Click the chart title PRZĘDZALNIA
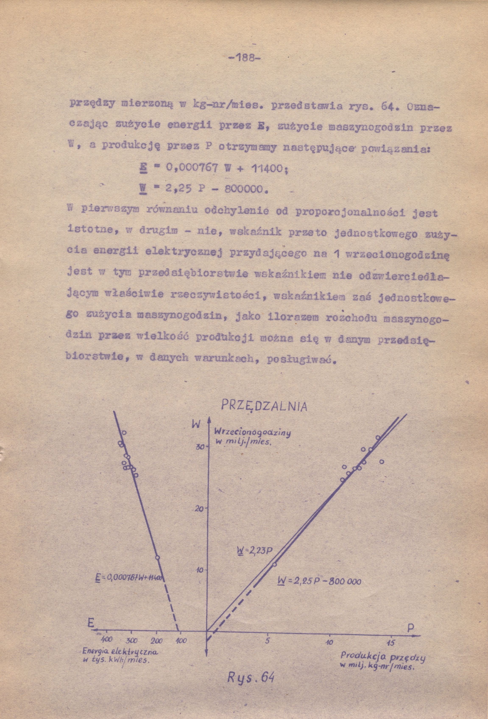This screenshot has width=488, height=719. tap(264, 406)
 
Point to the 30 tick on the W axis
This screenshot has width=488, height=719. tap(201, 447)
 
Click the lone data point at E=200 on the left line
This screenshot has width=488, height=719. tap(158, 557)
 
